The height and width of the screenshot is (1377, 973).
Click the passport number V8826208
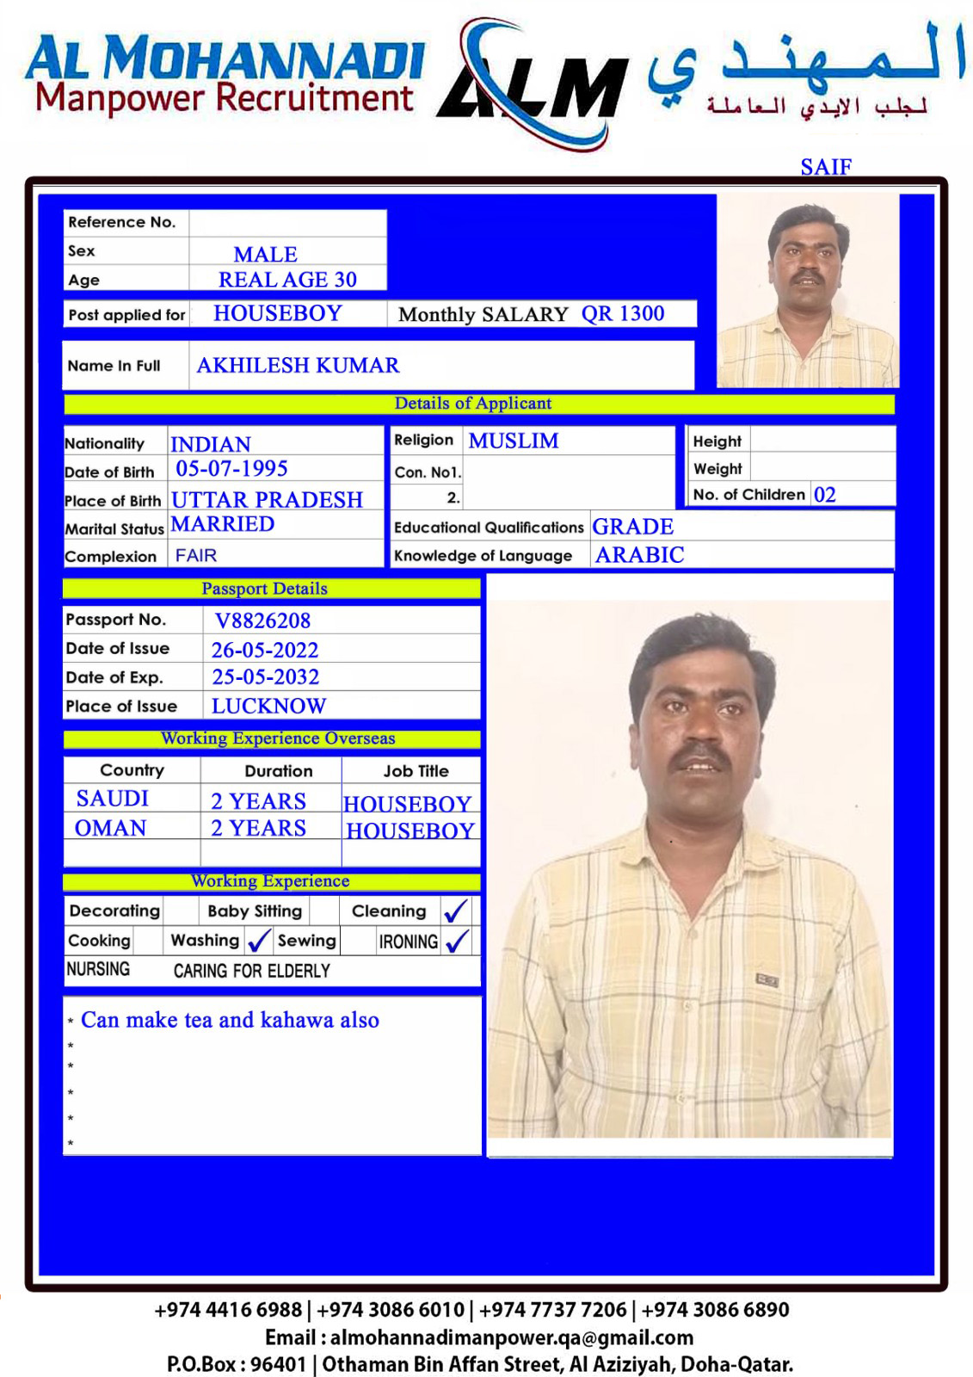262,621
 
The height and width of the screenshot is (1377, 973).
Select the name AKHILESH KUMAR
298,366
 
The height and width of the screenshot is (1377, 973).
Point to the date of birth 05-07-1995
231,469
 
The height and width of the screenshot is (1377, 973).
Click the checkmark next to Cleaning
455,911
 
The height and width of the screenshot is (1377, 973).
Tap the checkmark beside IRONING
458,941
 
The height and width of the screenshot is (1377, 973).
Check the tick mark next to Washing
258,941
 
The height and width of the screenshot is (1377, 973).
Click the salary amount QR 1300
623,314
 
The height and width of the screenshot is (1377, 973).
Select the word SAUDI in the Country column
113,799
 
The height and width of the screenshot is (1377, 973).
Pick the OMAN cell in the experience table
111,828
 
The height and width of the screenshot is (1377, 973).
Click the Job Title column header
416,771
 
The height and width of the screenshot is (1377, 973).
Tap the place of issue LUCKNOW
268,707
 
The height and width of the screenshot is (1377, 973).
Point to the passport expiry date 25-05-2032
265,677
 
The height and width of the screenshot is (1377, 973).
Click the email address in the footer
511,1337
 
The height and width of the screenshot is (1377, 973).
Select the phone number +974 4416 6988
228,1310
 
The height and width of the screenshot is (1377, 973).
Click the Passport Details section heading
264,589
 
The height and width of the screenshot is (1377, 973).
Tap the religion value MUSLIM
514,441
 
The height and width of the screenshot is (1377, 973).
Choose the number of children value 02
824,495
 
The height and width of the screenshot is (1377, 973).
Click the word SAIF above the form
825,166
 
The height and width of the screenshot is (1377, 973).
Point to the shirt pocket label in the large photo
767,979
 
